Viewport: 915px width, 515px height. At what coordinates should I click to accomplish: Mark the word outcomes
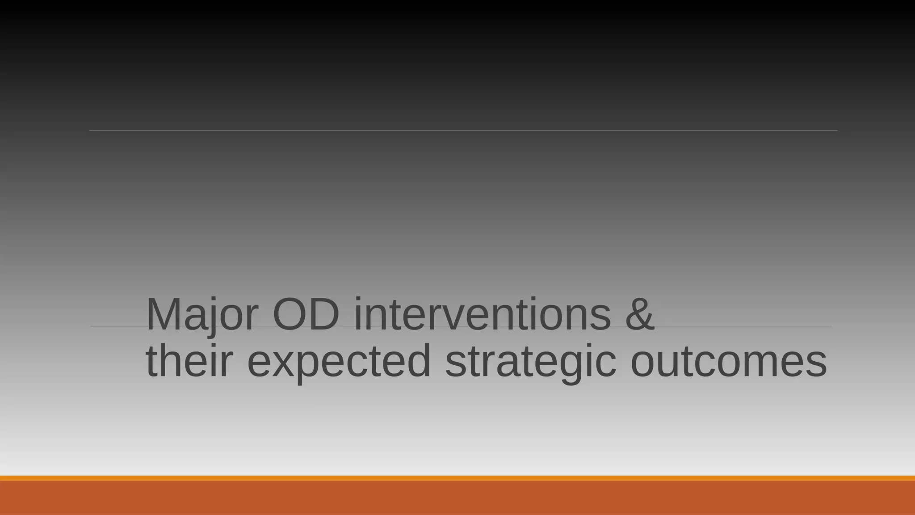[728, 362]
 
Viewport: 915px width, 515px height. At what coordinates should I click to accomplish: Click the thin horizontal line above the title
[463, 131]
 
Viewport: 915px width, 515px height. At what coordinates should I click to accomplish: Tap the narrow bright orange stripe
[457, 478]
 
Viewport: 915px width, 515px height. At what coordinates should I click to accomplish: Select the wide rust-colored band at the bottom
[457, 498]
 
